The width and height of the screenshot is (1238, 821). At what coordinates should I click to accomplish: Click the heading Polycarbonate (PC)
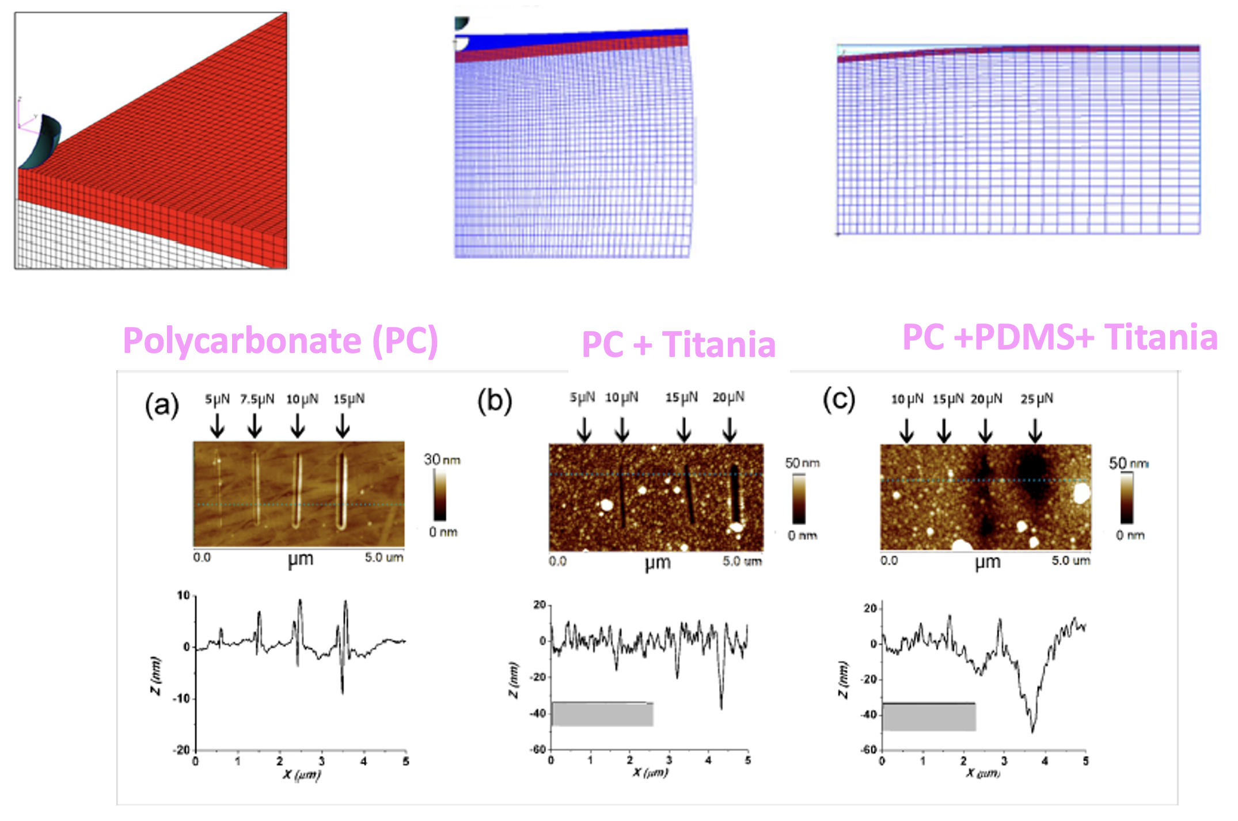[280, 340]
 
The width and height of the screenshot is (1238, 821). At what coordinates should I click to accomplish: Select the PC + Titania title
[678, 344]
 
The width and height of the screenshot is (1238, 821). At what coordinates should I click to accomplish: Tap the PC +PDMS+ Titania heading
[1059, 337]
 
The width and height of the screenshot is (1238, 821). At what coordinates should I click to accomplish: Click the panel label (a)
[162, 405]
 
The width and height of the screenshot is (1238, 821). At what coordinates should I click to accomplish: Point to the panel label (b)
[495, 401]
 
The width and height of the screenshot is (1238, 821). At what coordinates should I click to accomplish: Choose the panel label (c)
[839, 400]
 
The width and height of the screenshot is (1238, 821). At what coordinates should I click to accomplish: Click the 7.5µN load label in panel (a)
[257, 399]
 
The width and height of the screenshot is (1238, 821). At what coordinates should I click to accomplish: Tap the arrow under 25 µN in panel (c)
[1035, 430]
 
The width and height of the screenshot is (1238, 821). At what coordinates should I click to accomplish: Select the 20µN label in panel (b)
[728, 397]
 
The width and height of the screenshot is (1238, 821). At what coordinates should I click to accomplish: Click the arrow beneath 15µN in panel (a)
[343, 426]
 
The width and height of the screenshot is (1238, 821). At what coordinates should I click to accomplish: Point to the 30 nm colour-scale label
[442, 459]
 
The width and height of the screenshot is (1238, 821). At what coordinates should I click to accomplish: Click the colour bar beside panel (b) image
[799, 499]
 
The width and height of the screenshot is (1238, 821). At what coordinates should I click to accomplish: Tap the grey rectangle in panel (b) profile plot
[602, 714]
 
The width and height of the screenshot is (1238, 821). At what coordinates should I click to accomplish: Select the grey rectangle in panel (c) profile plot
[929, 717]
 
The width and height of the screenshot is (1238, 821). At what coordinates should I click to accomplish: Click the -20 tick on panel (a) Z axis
[181, 750]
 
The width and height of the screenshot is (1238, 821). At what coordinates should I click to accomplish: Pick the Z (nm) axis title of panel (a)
[156, 675]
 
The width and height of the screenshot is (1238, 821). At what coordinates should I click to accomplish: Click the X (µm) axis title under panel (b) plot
[650, 773]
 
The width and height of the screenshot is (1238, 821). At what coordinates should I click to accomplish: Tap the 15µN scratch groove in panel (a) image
[342, 491]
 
